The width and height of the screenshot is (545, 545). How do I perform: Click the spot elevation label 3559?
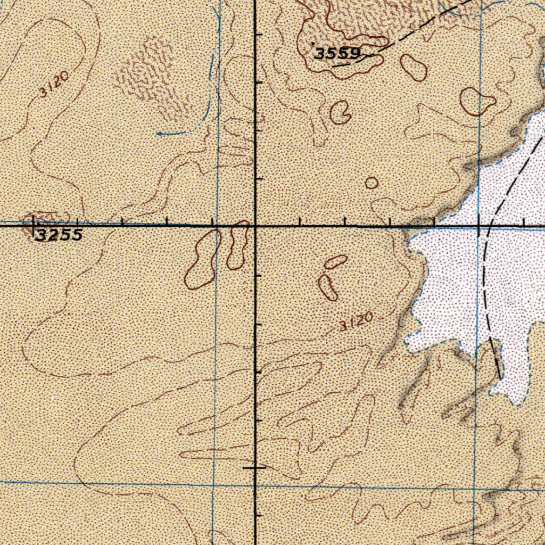pos(337,53)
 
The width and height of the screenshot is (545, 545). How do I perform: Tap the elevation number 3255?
pos(59,235)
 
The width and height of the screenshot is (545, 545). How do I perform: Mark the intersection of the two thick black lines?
pos(255,226)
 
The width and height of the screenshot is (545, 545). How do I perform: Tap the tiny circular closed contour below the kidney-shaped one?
pos(372,183)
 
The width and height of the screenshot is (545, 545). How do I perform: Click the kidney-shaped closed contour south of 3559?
pos(340,111)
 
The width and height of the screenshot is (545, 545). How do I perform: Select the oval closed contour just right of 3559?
pos(414,67)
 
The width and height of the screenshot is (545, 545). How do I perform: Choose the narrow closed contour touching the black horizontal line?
pos(237,245)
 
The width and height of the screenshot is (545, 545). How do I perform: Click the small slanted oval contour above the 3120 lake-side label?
pos(336,261)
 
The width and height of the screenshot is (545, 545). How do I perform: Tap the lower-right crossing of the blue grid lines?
pos(475,488)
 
